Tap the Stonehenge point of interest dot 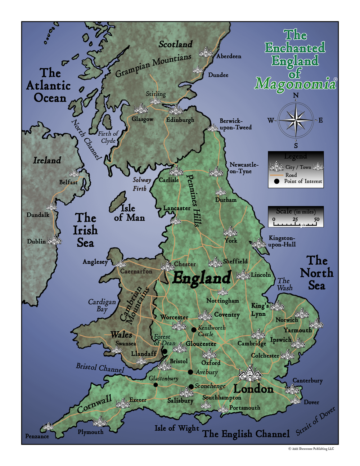tap(191, 386)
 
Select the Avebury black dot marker tap(190, 372)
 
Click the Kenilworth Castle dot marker tap(194, 330)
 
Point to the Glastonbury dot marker tap(156, 385)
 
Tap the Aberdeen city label tap(229, 57)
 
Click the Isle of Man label tap(129, 213)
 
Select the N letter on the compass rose tap(296, 95)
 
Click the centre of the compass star tap(296, 120)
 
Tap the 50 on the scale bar tap(316, 219)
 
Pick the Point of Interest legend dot tap(277, 182)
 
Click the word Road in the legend tap(291, 175)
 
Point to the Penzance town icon tap(48, 427)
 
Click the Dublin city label tap(36, 241)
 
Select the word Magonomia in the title tap(294, 84)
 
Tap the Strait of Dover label tap(316, 421)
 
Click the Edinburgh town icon tap(176, 110)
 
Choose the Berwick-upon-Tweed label tap(235, 124)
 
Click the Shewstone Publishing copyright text tap(311, 449)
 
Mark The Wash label tap(284, 284)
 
